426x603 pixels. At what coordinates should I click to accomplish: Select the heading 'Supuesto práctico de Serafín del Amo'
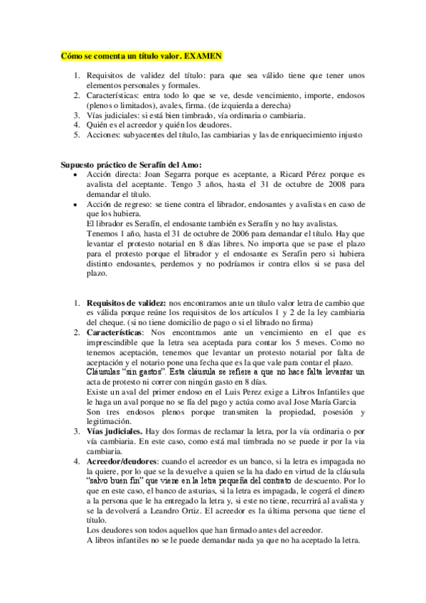pyautogui.click(x=131, y=166)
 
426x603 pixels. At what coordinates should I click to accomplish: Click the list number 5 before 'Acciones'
pyautogui.click(x=77, y=134)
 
